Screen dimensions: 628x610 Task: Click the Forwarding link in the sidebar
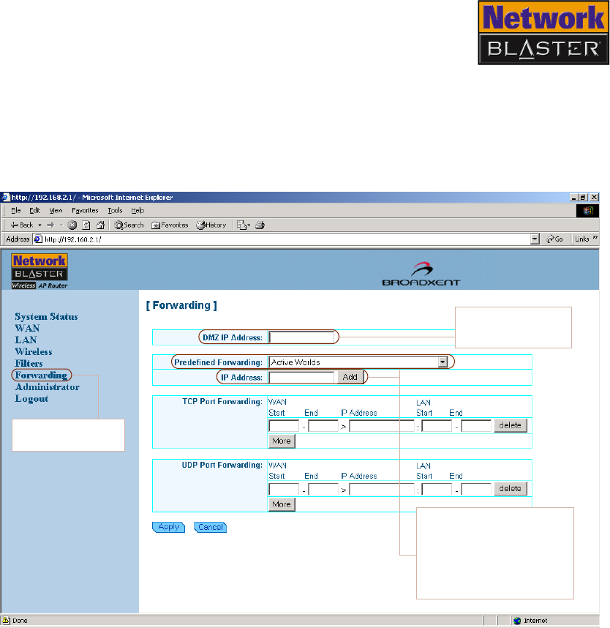tap(41, 375)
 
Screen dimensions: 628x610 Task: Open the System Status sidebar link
tap(46, 317)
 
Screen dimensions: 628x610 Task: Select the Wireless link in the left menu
tap(34, 352)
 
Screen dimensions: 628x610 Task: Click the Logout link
tap(31, 399)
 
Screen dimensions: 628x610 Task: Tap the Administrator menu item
tap(47, 387)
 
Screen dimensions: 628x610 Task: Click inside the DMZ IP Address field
tap(301, 337)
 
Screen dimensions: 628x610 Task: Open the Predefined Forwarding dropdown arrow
tap(442, 362)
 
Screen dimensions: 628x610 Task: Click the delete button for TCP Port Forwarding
tap(510, 425)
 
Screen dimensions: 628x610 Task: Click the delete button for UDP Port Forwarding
tap(510, 488)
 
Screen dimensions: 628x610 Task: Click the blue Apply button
tap(168, 527)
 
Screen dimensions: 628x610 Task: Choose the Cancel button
tap(211, 527)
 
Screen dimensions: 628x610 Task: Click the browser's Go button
tap(554, 239)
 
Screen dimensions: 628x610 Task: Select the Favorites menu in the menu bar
tap(85, 210)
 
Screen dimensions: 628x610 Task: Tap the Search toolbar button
tap(129, 225)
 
